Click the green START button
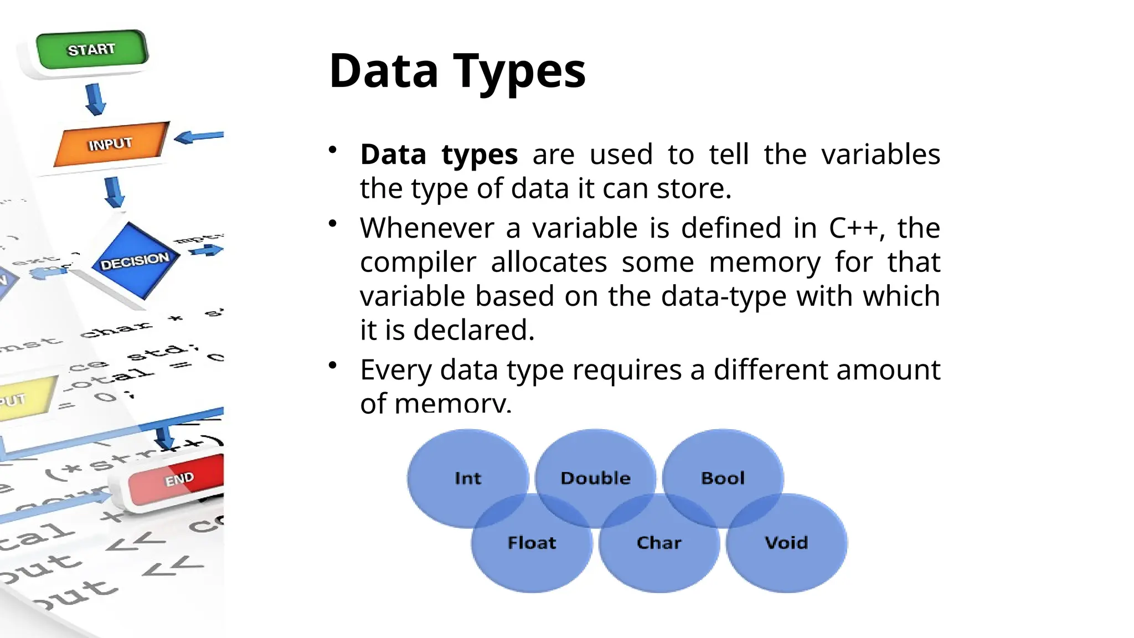92,50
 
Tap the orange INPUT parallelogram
111,144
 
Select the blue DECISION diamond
135,261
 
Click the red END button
177,480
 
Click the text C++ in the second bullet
853,228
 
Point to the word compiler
417,263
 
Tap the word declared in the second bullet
473,331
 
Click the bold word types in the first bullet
480,155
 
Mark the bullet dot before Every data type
333,365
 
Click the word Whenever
426,228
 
